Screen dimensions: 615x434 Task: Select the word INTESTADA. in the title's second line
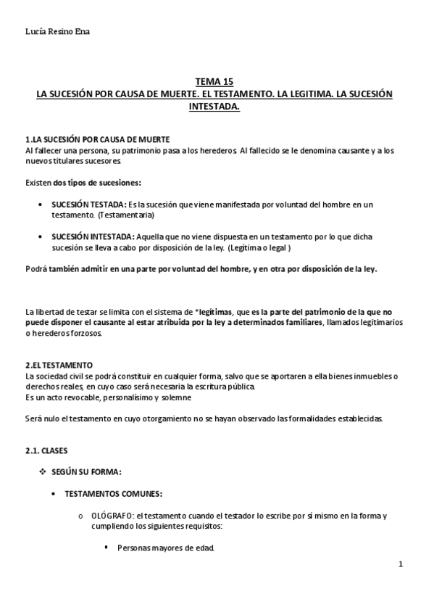tap(214, 106)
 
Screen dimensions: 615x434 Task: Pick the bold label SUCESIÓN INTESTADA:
tap(93, 236)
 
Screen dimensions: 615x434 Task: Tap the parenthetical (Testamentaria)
tap(126, 215)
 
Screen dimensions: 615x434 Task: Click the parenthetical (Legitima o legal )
tap(259, 247)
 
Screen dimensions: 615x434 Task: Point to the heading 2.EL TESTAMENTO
tap(59, 364)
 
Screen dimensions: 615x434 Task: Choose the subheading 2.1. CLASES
tap(46, 450)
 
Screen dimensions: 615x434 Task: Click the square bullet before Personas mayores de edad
tap(106, 547)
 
